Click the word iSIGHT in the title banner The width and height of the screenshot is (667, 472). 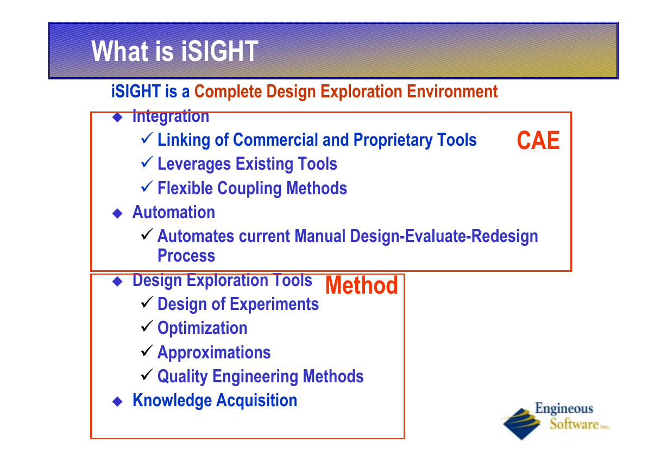[219, 51]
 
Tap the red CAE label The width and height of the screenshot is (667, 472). [538, 140]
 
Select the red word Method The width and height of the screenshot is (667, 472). [362, 285]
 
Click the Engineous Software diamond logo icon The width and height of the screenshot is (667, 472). [521, 424]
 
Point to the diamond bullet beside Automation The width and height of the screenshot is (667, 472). [118, 213]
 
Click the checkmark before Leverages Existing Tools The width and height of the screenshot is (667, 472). [147, 162]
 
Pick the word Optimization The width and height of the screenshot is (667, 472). [203, 328]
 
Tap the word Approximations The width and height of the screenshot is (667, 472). [214, 352]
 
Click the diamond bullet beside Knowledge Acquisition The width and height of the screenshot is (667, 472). [118, 401]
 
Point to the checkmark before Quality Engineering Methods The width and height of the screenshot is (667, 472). [147, 375]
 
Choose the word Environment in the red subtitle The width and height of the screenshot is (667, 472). [452, 91]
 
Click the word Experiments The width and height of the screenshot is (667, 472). [274, 304]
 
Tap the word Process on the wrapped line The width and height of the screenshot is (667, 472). [186, 256]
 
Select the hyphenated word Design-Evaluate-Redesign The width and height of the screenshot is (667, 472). [444, 237]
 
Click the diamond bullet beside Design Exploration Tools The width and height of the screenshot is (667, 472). [118, 281]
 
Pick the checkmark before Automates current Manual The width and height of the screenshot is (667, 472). [147, 234]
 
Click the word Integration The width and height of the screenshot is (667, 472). [171, 116]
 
